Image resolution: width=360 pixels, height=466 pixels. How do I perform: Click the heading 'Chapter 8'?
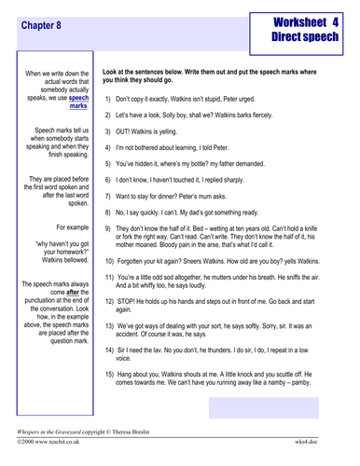(x=42, y=27)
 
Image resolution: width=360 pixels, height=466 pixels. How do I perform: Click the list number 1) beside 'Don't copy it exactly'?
(x=108, y=98)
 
